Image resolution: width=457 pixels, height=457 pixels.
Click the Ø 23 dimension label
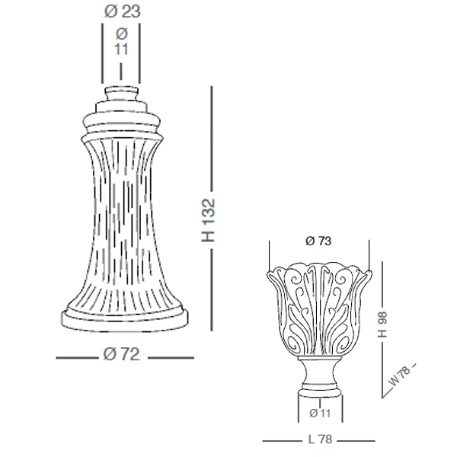coord(123,12)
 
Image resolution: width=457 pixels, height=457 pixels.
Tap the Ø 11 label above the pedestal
coord(121,42)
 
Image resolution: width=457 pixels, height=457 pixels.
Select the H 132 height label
coord(209,220)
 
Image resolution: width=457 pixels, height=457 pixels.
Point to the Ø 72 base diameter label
coord(121,354)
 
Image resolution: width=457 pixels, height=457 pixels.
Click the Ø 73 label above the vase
coord(318,241)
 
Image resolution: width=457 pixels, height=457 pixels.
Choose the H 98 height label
coord(382,324)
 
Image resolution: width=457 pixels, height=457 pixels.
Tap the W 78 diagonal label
coord(400,376)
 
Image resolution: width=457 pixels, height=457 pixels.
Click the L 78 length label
coord(320,439)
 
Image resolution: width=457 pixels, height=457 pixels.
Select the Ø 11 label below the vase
coord(320,413)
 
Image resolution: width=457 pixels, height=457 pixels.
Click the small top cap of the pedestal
coord(121,94)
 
